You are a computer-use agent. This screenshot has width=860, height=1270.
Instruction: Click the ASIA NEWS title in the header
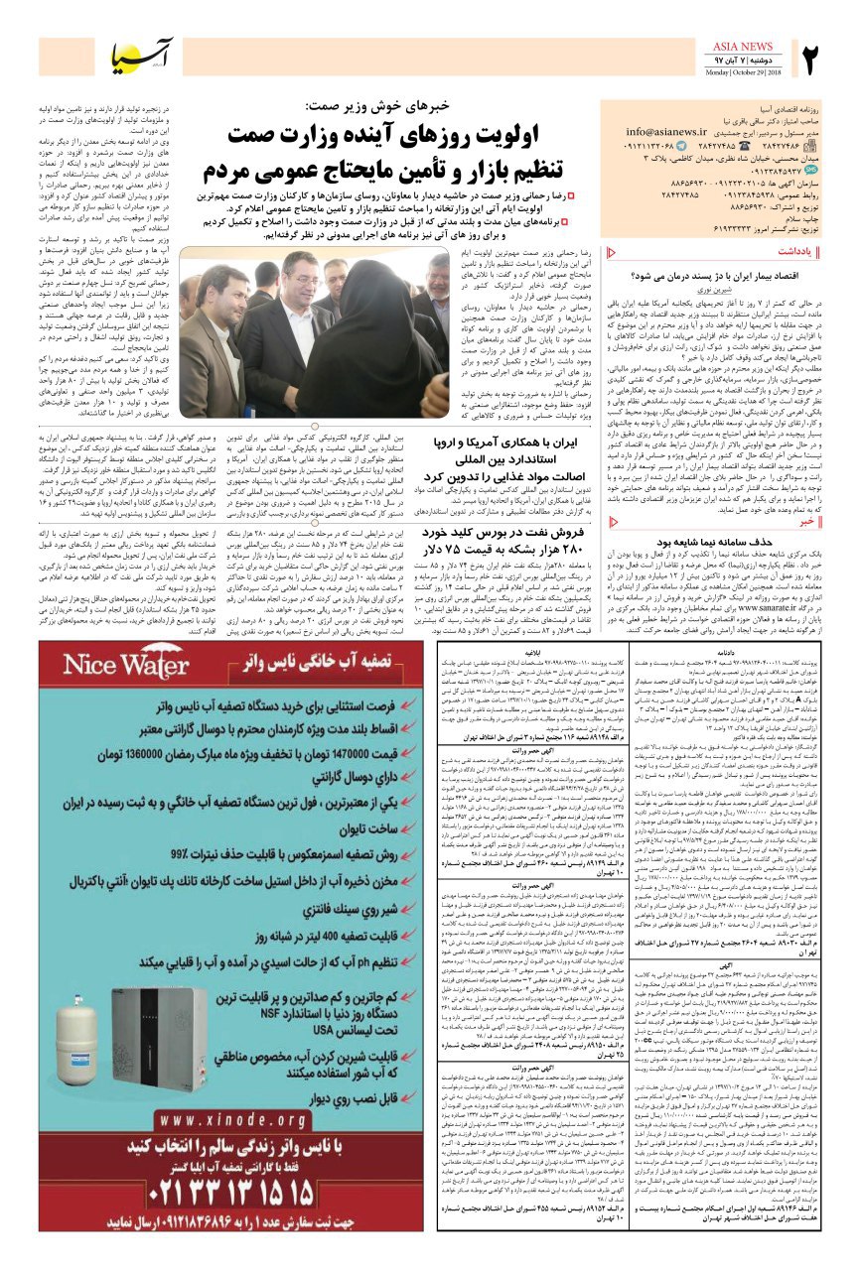tap(742, 47)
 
